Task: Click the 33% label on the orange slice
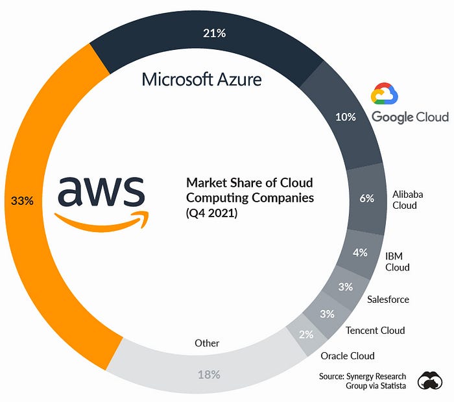(x=22, y=200)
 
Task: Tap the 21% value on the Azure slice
(x=214, y=33)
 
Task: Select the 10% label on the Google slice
(x=346, y=117)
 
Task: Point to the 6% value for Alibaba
(x=366, y=198)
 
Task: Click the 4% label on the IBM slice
(x=360, y=252)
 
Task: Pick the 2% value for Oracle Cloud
(x=306, y=335)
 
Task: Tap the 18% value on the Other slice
(x=209, y=375)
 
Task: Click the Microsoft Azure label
(x=202, y=79)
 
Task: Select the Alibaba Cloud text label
(x=407, y=200)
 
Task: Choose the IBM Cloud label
(x=397, y=262)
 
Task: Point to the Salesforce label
(x=388, y=300)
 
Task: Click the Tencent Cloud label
(x=376, y=330)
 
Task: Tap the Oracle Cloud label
(x=348, y=356)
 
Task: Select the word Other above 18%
(x=207, y=343)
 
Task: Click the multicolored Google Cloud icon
(x=384, y=93)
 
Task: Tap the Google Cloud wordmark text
(x=410, y=117)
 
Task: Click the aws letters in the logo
(x=101, y=191)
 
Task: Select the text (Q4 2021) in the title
(x=211, y=213)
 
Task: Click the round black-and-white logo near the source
(x=430, y=381)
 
